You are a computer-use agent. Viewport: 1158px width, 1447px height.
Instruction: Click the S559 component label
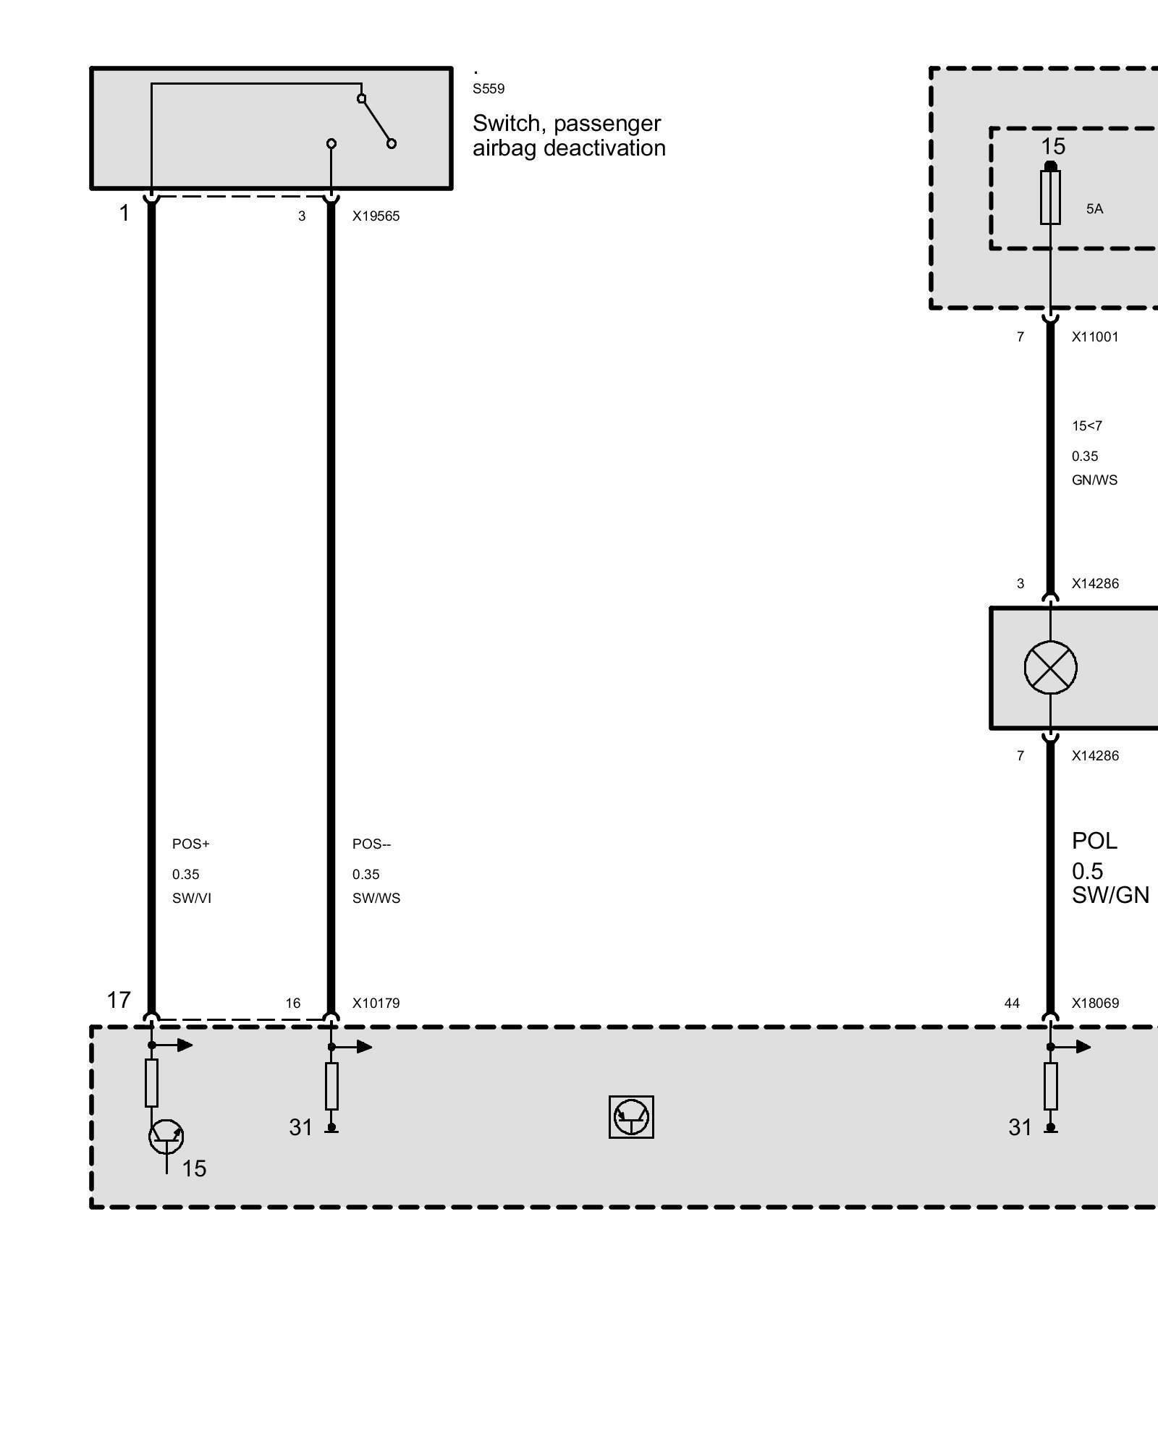pos(489,89)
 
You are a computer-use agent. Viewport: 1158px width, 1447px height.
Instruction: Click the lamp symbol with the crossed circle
pos(1050,667)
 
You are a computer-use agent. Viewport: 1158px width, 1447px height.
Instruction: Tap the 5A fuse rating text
pos(1094,209)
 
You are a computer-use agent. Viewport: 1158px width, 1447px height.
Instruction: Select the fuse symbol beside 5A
pos(1050,197)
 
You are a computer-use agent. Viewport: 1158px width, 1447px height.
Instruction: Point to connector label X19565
pos(376,216)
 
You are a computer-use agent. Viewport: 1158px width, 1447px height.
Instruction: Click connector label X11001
pos(1095,336)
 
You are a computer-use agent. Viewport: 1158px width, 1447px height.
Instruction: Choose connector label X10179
pos(376,1003)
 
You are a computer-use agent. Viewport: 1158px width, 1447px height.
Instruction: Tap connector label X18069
pos(1095,1003)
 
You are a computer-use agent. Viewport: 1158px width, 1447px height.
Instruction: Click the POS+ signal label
pos(190,844)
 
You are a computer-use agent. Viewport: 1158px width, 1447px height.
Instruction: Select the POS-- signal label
pos(371,844)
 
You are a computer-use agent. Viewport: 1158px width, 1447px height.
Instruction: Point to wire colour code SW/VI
pos(192,899)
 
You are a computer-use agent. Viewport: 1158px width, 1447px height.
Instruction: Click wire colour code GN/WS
pos(1094,480)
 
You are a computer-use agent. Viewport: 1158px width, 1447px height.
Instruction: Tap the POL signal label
pos(1094,841)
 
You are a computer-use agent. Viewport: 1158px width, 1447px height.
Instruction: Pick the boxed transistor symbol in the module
pos(631,1117)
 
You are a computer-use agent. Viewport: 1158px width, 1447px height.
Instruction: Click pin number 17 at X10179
pos(119,1000)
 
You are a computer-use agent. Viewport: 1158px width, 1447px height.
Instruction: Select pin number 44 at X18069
pos(1012,1003)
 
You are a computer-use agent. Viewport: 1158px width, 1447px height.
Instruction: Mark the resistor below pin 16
pos(331,1086)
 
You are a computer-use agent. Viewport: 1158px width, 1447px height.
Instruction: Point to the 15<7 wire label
pos(1087,426)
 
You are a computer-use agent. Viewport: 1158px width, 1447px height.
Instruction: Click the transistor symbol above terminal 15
pos(166,1137)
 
